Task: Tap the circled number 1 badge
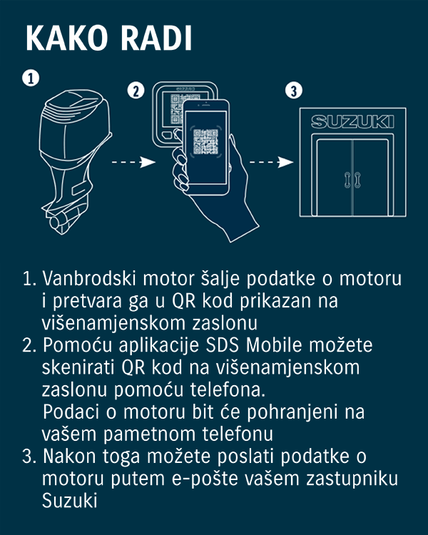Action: (x=30, y=78)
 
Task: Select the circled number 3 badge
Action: (x=292, y=91)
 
